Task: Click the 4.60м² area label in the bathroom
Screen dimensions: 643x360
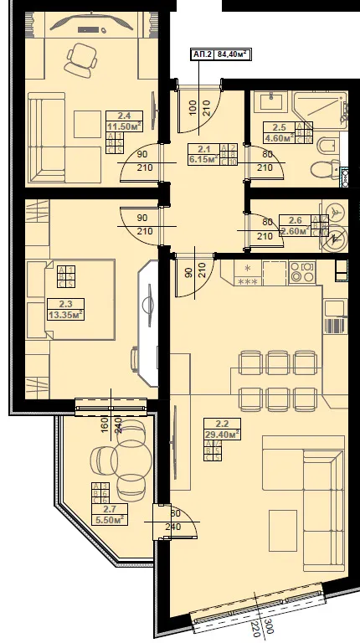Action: coord(278,139)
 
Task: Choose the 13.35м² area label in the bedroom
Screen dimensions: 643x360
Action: coord(64,315)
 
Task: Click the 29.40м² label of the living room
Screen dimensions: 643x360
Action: coord(223,434)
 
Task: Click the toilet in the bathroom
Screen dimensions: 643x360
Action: coord(322,171)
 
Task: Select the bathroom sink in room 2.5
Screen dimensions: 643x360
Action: coord(271,102)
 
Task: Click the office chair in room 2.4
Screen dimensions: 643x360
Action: coord(82,56)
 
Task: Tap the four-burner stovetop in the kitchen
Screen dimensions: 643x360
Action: coord(303,271)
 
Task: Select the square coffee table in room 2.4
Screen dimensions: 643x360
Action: coord(90,124)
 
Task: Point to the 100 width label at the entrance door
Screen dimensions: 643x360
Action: coord(193,106)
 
